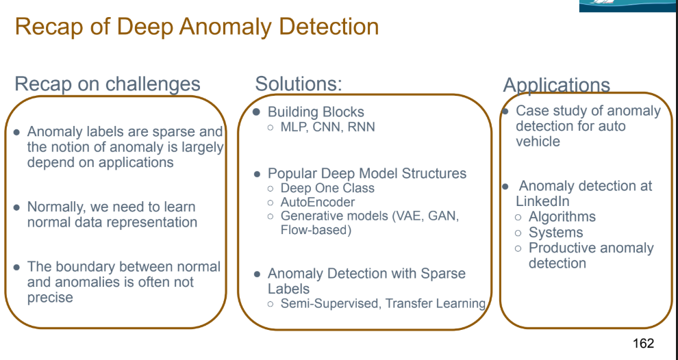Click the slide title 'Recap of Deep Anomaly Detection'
click(x=197, y=27)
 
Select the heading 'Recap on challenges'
click(x=108, y=84)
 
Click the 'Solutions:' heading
click(x=299, y=84)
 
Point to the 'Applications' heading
click(x=556, y=85)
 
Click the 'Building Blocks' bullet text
click(x=316, y=112)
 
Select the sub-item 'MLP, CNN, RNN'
click(x=327, y=127)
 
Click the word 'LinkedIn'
click(x=542, y=201)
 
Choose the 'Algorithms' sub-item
click(x=562, y=217)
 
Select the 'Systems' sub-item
click(x=555, y=233)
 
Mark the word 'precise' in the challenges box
click(x=50, y=297)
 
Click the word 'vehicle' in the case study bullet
click(x=538, y=142)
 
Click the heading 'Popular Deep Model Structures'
click(x=366, y=173)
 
